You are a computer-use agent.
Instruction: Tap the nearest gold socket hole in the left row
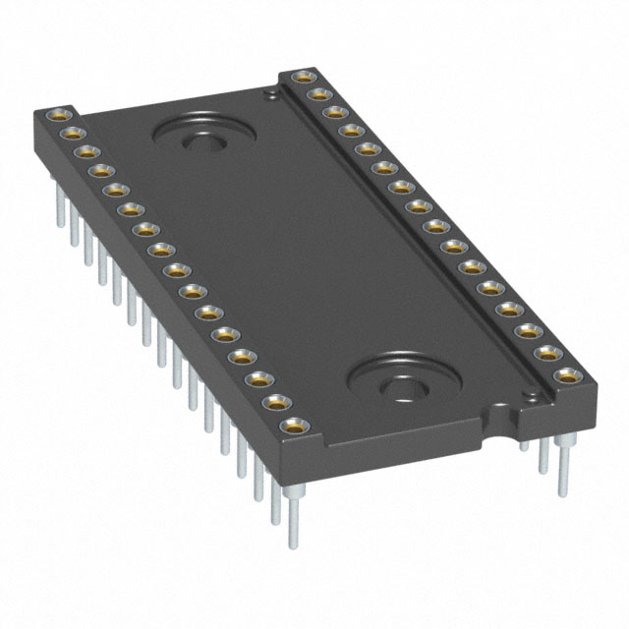[x=292, y=428]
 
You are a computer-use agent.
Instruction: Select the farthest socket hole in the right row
[x=298, y=78]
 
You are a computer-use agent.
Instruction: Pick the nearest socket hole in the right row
[x=566, y=374]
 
